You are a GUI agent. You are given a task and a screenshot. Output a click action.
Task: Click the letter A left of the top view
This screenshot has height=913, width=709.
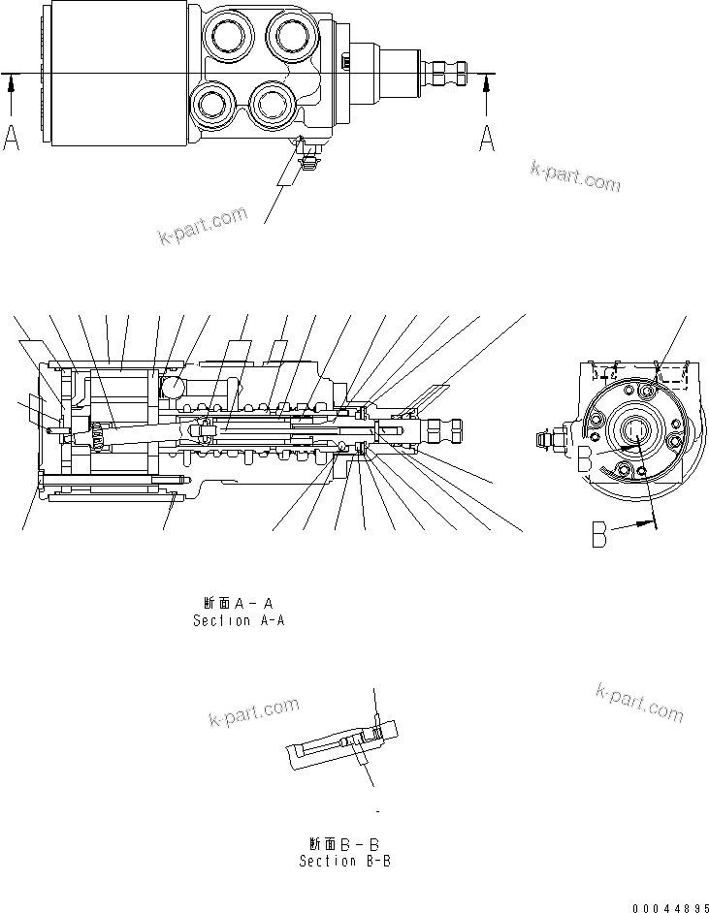point(12,139)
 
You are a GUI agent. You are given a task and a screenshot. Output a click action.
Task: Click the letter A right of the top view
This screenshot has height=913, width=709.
point(487,139)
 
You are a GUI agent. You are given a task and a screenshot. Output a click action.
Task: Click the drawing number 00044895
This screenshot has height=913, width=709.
point(666,906)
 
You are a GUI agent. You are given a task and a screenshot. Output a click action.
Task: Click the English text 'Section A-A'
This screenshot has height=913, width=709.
point(238,620)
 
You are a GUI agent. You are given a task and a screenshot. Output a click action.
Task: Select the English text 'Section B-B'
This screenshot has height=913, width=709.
point(344,860)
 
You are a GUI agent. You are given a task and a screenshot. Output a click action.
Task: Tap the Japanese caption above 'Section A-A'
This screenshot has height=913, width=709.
point(238,603)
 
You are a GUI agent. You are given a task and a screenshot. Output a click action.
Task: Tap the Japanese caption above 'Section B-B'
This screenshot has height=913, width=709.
point(344,842)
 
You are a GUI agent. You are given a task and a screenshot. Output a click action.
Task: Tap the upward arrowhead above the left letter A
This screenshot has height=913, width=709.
point(12,85)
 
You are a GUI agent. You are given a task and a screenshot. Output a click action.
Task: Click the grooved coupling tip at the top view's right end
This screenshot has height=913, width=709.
point(447,73)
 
